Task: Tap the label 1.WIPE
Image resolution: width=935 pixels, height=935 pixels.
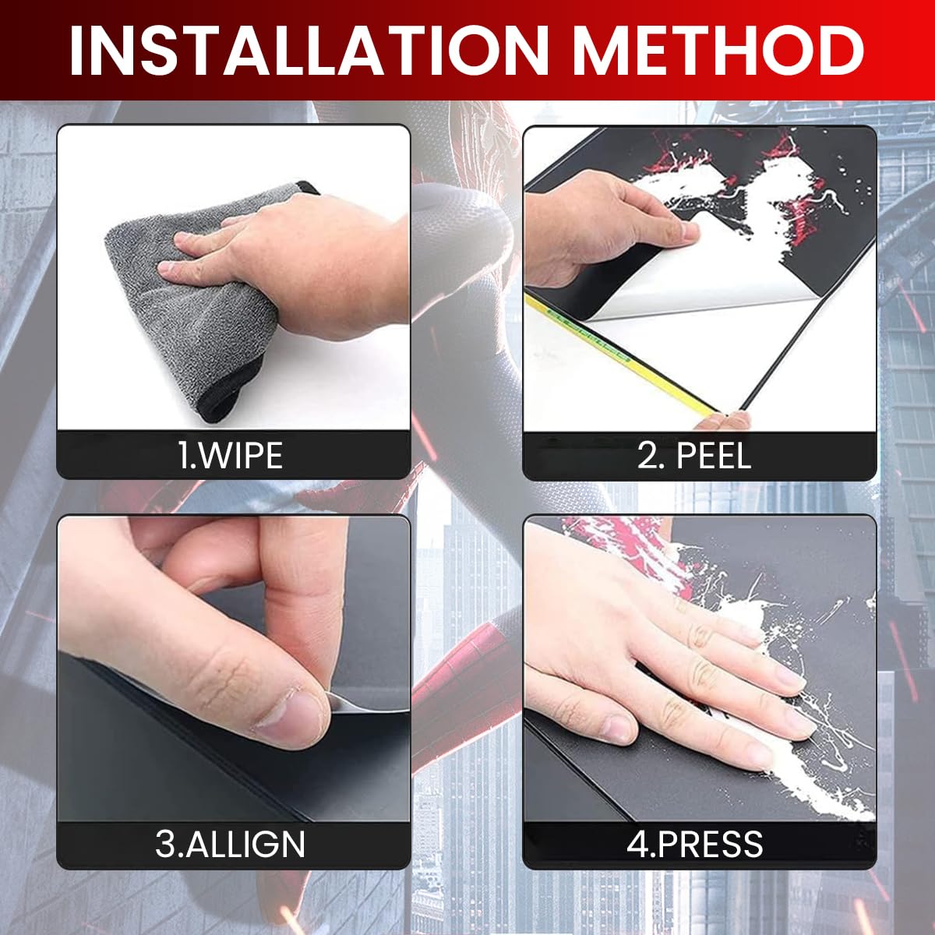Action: tap(230, 456)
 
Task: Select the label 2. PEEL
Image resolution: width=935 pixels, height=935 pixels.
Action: tap(694, 456)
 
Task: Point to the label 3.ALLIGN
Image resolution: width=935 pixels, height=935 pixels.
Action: tap(230, 845)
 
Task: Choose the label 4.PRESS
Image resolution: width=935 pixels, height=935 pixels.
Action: tap(695, 845)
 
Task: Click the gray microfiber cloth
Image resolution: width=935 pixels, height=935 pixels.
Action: tap(204, 305)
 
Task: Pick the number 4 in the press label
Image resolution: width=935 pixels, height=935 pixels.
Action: tap(637, 845)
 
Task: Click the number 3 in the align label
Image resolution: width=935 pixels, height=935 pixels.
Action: tap(165, 845)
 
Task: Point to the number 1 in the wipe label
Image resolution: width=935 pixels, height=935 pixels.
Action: tap(183, 456)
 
